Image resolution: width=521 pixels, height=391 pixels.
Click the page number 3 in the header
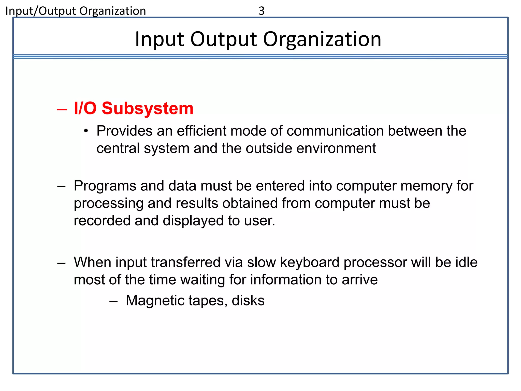pos(262,11)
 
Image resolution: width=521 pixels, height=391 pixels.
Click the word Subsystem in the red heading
pos(148,108)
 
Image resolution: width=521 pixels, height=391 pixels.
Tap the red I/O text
pos(85,108)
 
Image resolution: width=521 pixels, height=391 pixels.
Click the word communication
pos(335,131)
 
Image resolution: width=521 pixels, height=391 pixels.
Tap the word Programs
pos(105,186)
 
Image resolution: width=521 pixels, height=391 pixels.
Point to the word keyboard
pos(310,262)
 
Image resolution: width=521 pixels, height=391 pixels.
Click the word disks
pos(248,301)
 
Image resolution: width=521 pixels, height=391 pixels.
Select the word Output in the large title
pos(224,39)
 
